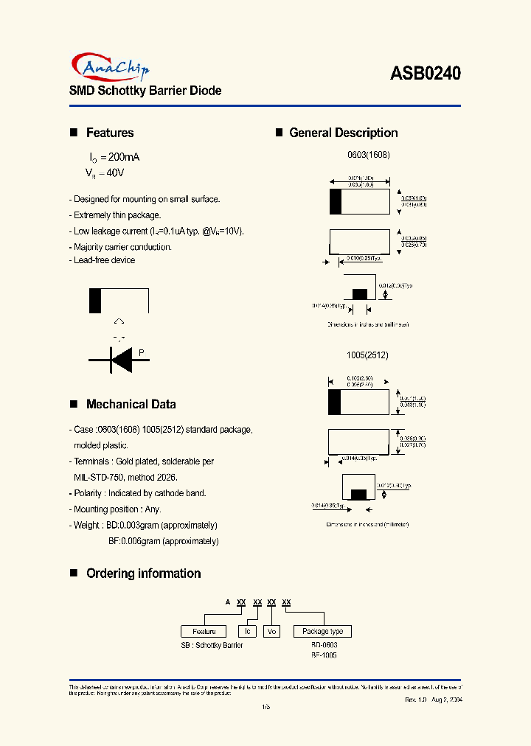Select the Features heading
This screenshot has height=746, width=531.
110,133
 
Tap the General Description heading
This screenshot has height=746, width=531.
343,133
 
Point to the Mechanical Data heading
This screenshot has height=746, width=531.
131,404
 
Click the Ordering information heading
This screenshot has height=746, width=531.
143,574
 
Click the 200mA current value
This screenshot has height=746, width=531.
119,158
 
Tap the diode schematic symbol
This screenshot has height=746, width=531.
119,359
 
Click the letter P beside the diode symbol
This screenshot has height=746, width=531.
141,353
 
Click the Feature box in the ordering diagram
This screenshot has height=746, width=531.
204,632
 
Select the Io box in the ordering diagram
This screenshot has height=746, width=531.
249,632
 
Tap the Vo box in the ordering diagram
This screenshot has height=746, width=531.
272,632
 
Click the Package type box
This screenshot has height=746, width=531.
322,632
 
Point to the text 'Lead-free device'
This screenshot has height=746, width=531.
104,260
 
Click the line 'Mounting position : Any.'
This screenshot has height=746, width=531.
117,509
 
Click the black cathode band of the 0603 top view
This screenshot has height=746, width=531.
336,201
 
